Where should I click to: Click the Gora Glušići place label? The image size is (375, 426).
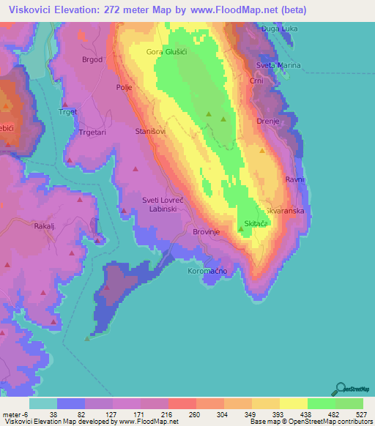[166, 52]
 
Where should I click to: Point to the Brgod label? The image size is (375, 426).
[92, 59]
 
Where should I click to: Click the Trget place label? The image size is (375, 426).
[67, 112]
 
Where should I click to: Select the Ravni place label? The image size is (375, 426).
[294, 179]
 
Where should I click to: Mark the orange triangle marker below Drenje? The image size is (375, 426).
[262, 150]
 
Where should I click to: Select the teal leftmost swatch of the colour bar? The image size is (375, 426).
[43, 403]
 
